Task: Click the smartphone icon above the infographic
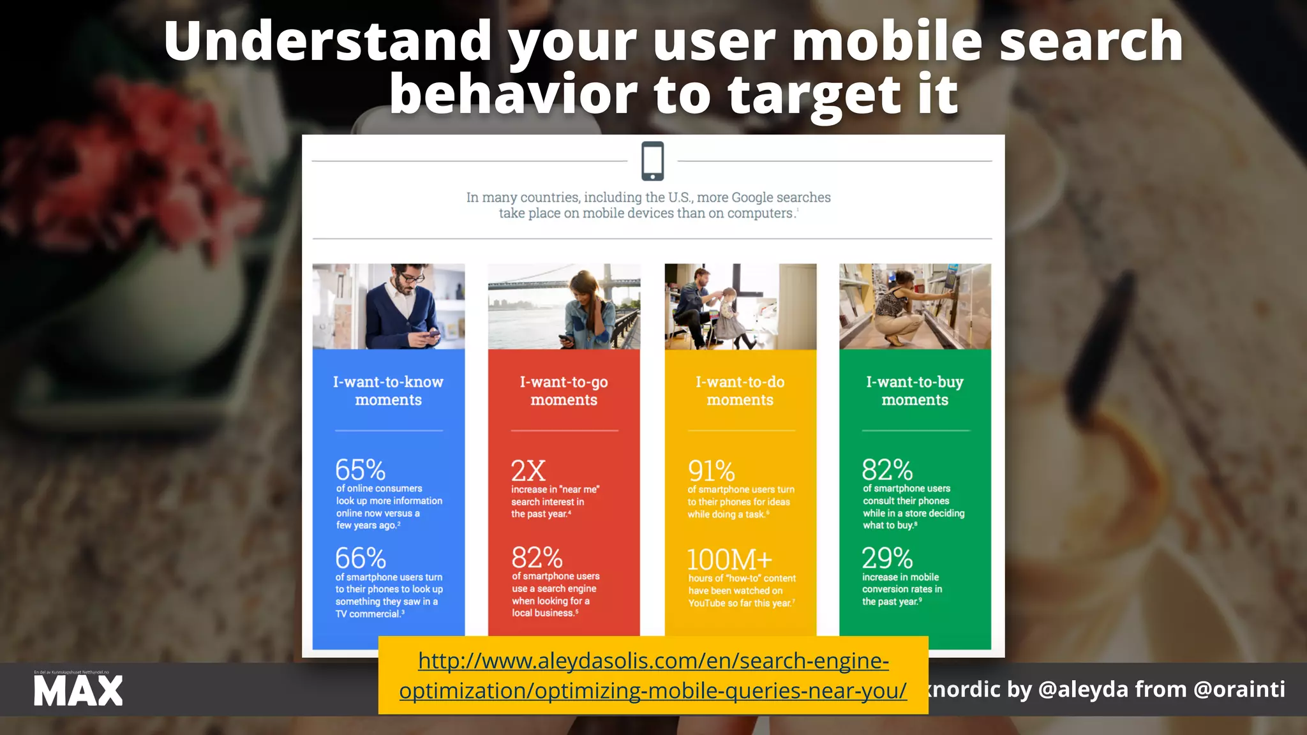click(652, 161)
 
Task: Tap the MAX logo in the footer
click(78, 691)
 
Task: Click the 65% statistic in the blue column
click(361, 470)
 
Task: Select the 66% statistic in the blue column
click(361, 558)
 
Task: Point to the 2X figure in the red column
click(528, 471)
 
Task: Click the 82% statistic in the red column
click(537, 558)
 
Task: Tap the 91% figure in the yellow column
click(712, 471)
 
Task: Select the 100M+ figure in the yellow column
click(729, 560)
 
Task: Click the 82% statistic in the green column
click(887, 470)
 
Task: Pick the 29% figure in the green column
click(887, 558)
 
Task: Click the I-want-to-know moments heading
click(388, 390)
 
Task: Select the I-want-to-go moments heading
click(564, 390)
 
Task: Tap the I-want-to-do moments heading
click(740, 390)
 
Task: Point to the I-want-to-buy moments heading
click(915, 390)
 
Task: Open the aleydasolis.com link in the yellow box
click(653, 676)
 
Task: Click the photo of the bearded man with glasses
click(389, 306)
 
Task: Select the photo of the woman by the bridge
click(564, 306)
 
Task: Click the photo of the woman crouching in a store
click(915, 306)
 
